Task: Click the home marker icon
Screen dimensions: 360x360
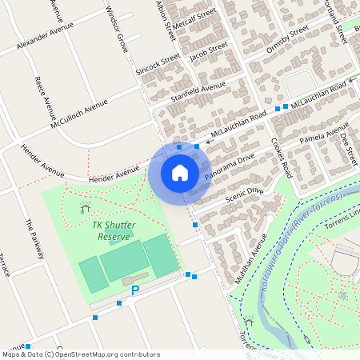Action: coord(180,172)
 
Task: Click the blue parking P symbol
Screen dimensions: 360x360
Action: coord(135,290)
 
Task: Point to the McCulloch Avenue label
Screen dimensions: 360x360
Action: coord(78,115)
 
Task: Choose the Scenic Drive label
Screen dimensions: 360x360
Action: coord(244,192)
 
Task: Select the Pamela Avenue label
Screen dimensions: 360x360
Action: coord(324,134)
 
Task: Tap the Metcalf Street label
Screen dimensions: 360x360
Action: coord(196,19)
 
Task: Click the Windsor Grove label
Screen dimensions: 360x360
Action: coord(118,30)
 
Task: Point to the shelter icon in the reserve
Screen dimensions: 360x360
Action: coord(86,209)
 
